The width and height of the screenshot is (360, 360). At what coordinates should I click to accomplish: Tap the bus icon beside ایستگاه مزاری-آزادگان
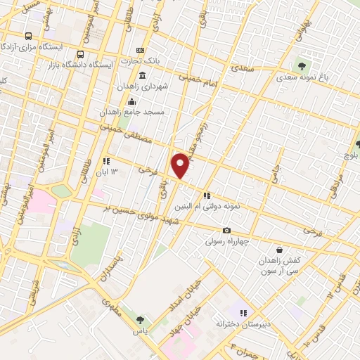[x=28, y=36]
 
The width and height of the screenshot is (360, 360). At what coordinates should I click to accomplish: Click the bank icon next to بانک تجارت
[x=139, y=50]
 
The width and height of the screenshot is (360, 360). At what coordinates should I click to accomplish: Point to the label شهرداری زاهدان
[x=175, y=87]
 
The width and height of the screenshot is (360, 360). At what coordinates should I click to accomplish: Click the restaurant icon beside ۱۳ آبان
[x=105, y=160]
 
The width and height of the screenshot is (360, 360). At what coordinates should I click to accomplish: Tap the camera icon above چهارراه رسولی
[x=226, y=231]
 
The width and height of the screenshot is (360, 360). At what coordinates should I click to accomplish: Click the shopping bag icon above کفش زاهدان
[x=280, y=250]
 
